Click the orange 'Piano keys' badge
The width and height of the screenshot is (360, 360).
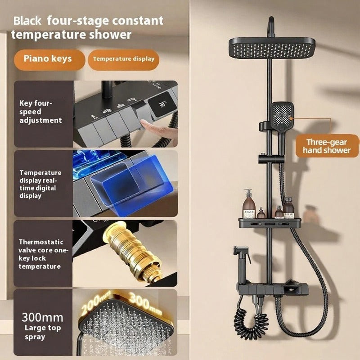click(x=49, y=60)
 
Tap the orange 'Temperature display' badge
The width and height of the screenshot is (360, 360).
click(x=123, y=60)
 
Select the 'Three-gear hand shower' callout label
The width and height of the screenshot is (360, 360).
click(x=327, y=146)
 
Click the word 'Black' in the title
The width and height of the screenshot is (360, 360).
click(x=27, y=21)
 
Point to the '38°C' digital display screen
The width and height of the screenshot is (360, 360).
click(x=162, y=104)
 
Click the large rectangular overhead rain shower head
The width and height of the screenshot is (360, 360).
click(x=272, y=48)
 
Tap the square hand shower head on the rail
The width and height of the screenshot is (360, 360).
click(x=282, y=117)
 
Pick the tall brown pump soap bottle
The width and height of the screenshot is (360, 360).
click(x=249, y=204)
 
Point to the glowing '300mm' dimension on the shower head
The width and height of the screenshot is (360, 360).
click(x=145, y=302)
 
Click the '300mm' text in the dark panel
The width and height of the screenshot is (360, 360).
click(x=42, y=318)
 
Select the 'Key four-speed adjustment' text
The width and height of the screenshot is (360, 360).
click(x=40, y=112)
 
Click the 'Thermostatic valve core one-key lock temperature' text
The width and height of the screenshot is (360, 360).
click(x=43, y=254)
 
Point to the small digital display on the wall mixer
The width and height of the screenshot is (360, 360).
click(x=291, y=290)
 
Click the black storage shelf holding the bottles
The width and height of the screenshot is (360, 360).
click(x=270, y=223)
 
